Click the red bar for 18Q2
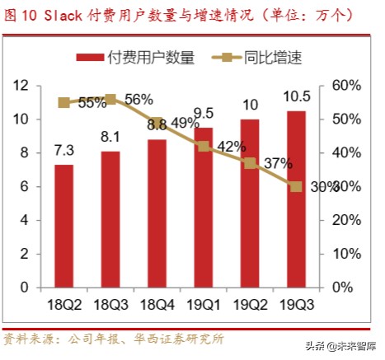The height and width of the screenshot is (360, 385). point(63,226)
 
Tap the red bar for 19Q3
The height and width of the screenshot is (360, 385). point(295,198)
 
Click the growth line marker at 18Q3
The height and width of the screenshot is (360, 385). point(110,99)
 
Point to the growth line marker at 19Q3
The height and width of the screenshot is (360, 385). point(295,186)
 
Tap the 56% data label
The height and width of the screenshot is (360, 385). point(139,100)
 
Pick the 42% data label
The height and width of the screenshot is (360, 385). point(232,147)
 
